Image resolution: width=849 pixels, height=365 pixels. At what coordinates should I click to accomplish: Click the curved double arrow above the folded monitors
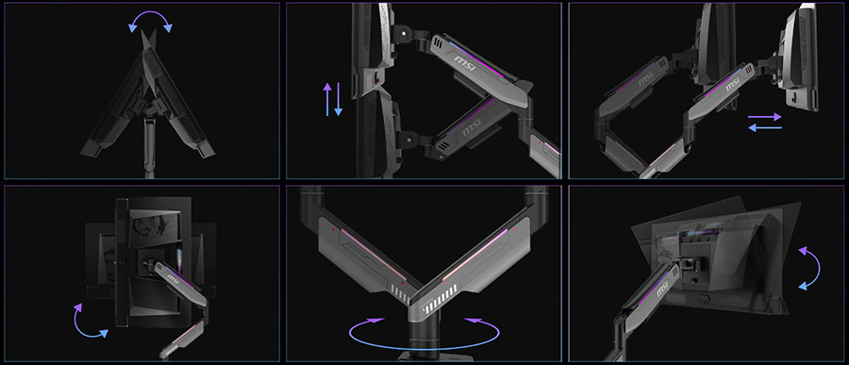pyautogui.click(x=150, y=13)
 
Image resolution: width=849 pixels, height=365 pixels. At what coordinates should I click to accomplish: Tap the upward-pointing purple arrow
pyautogui.click(x=327, y=99)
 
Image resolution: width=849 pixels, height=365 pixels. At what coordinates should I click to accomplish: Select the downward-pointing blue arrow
pyautogui.click(x=339, y=99)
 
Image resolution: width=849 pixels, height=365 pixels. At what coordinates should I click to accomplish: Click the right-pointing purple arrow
pyautogui.click(x=765, y=116)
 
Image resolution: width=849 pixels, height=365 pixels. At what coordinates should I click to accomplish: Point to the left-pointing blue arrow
pyautogui.click(x=765, y=128)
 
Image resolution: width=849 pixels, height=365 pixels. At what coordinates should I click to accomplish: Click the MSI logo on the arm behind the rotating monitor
pyautogui.click(x=172, y=278)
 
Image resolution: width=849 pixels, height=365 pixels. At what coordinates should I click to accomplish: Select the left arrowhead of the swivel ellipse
pyautogui.click(x=374, y=321)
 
